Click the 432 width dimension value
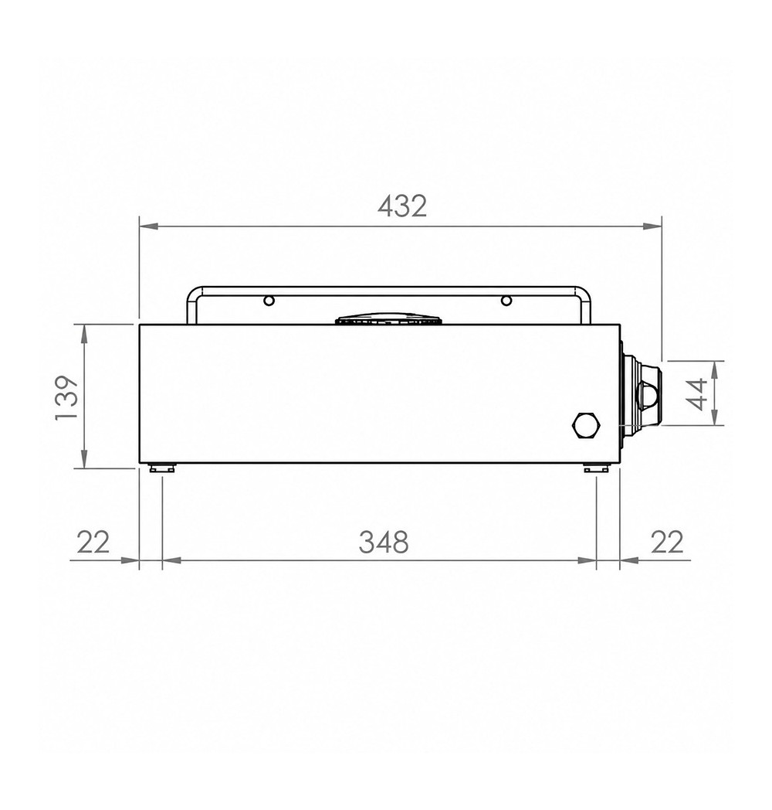click(x=402, y=206)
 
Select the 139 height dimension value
click(x=66, y=397)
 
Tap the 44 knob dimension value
click(x=699, y=393)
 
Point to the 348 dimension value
click(x=384, y=543)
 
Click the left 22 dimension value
click(x=93, y=543)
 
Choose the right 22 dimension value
click(x=667, y=543)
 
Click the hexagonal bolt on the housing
click(x=587, y=426)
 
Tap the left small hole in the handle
click(x=269, y=300)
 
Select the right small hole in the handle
click(x=506, y=300)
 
